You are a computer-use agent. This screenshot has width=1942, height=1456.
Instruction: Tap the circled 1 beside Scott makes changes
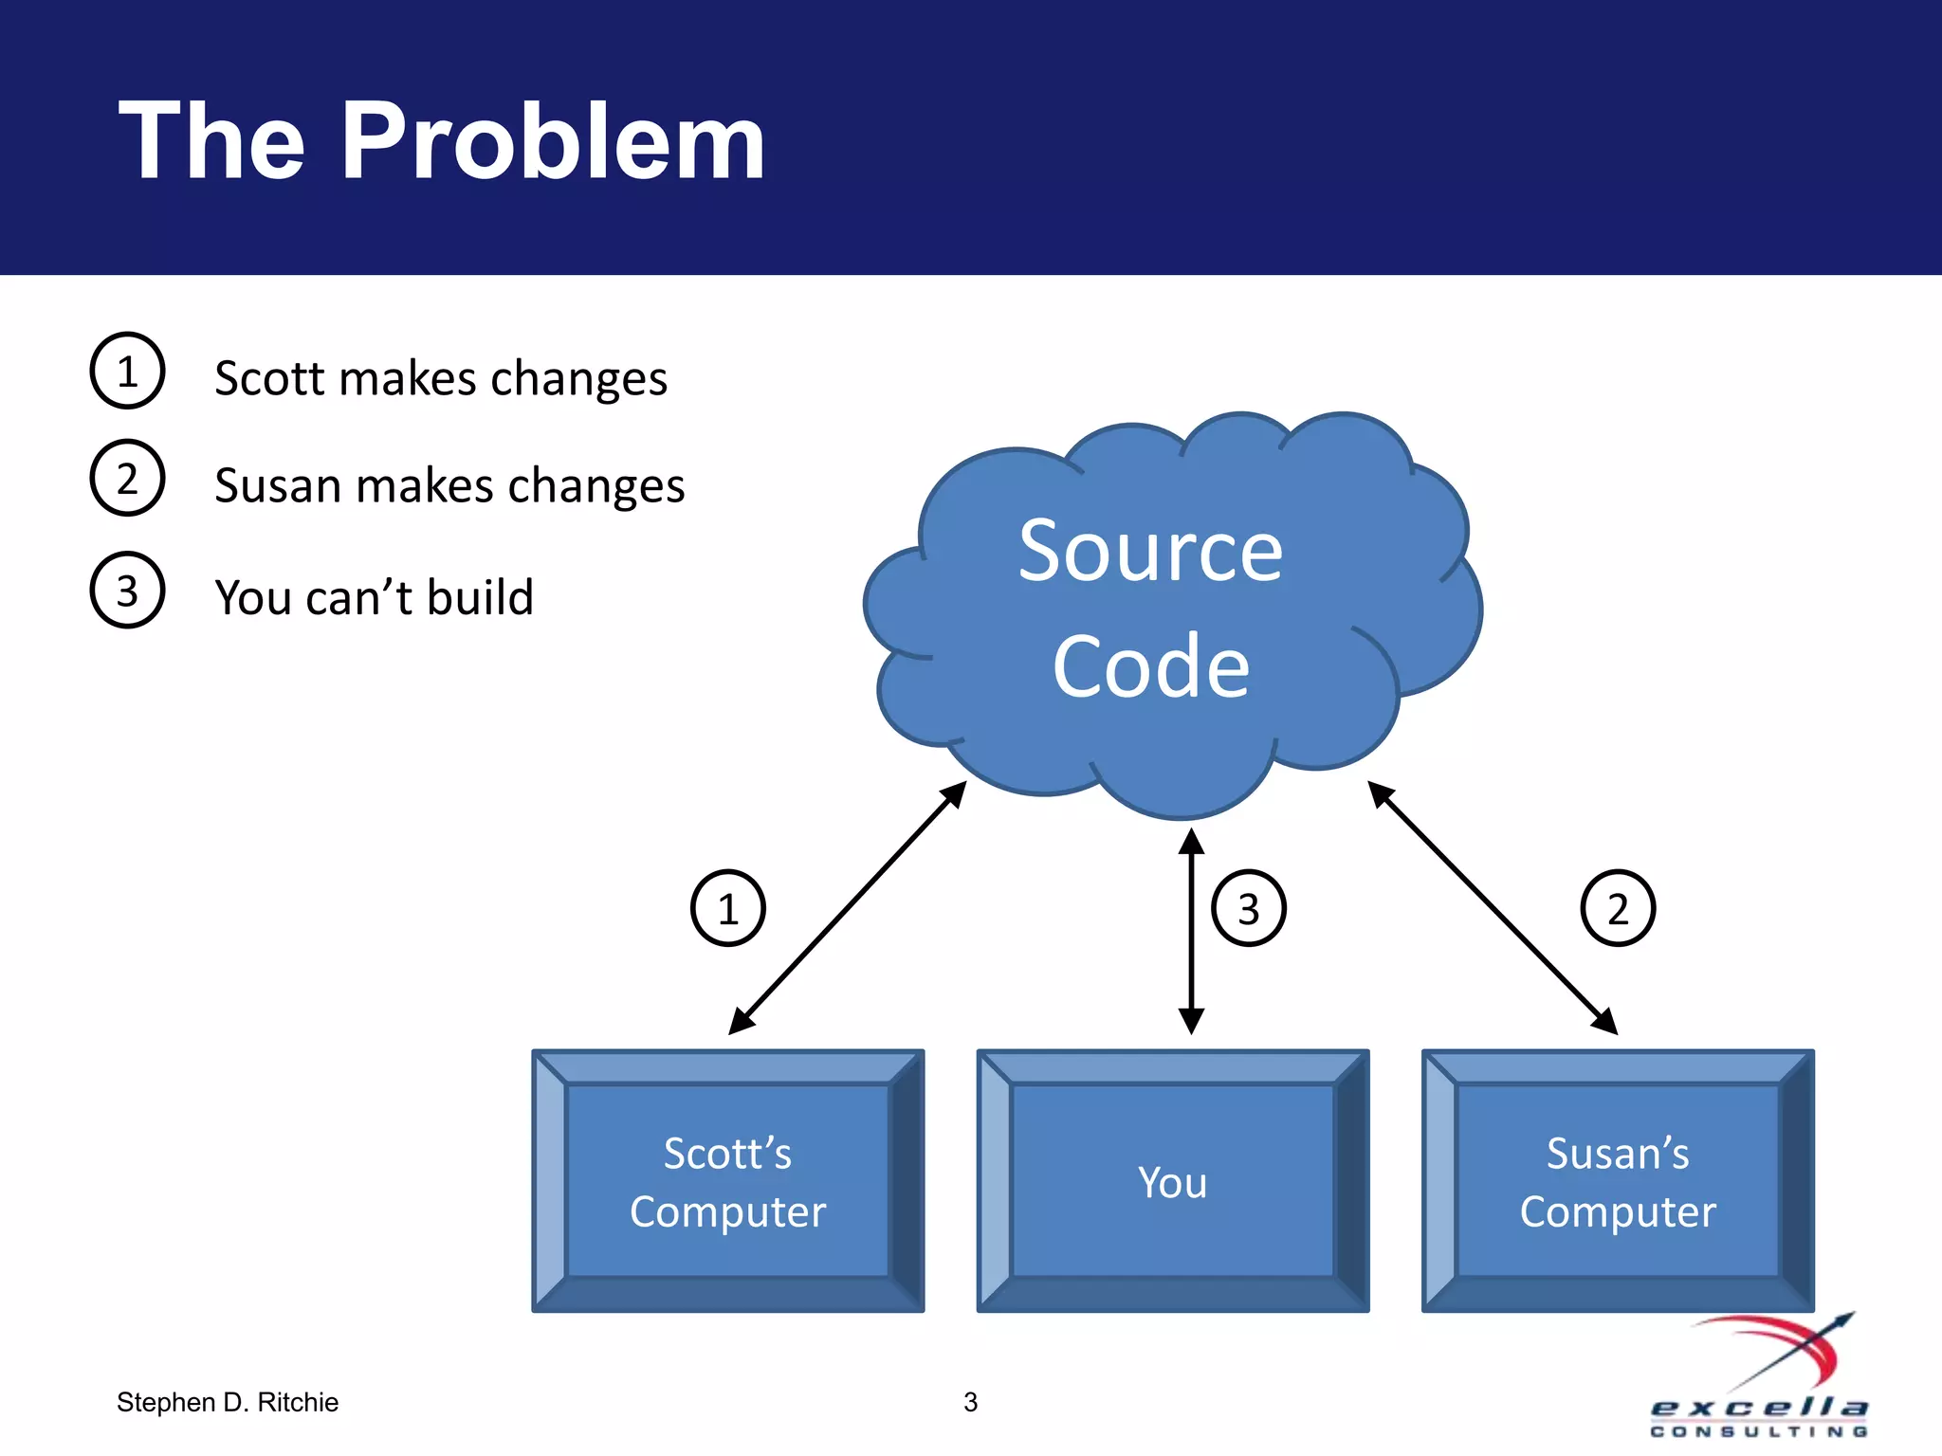tap(127, 371)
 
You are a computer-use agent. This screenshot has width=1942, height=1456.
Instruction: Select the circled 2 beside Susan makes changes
tap(127, 478)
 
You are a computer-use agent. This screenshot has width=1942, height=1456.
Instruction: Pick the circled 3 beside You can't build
tap(127, 590)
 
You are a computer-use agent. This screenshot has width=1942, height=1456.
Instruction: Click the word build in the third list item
tap(480, 597)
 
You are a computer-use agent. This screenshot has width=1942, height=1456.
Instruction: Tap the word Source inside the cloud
tap(1150, 552)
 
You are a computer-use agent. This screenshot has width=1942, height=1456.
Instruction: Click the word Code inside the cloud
tap(1150, 666)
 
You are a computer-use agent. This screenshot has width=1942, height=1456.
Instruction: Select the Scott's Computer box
tap(727, 1181)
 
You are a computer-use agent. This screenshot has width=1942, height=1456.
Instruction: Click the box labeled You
tap(1173, 1181)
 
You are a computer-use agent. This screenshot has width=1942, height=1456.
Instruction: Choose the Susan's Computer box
tap(1618, 1181)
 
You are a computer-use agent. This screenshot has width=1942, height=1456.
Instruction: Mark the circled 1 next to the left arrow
tap(727, 908)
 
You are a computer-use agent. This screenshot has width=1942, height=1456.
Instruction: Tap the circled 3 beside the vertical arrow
tap(1248, 908)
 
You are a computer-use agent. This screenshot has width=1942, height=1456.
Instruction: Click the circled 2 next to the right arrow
tap(1618, 908)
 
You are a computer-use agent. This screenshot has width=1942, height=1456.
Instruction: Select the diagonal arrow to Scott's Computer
tap(847, 908)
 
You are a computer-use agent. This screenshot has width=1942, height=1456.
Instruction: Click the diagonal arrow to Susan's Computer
tap(1493, 908)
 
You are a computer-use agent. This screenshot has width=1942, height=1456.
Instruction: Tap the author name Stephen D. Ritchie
tap(228, 1402)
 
